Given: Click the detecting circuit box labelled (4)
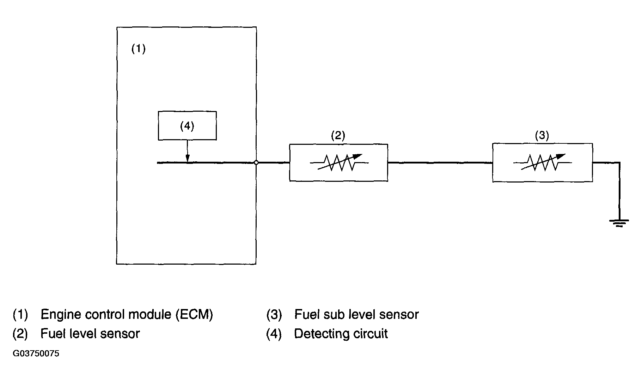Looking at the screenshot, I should [x=187, y=126].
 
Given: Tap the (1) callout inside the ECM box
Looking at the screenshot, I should [x=139, y=48].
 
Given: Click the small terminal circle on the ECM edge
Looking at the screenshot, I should [x=256, y=162].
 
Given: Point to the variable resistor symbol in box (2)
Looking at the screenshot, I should [x=339, y=162].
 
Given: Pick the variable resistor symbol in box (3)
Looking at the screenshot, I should [x=542, y=162].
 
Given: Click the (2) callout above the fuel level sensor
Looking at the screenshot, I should [x=338, y=135].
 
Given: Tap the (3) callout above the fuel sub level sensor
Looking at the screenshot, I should [x=542, y=135].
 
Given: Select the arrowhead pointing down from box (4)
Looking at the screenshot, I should [x=188, y=159].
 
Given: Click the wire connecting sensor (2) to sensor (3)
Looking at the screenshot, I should [x=440, y=162].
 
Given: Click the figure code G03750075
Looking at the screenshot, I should [x=36, y=353].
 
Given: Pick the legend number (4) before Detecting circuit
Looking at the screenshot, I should [x=274, y=333].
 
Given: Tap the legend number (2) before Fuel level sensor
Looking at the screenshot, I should [x=20, y=333].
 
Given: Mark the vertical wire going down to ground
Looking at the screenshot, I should [x=619, y=190].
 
